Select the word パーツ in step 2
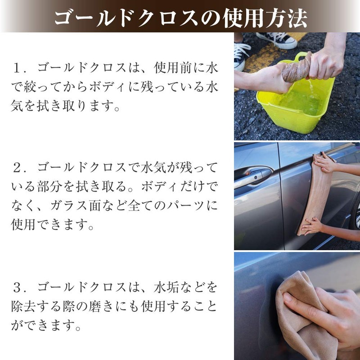tap(180, 207)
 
